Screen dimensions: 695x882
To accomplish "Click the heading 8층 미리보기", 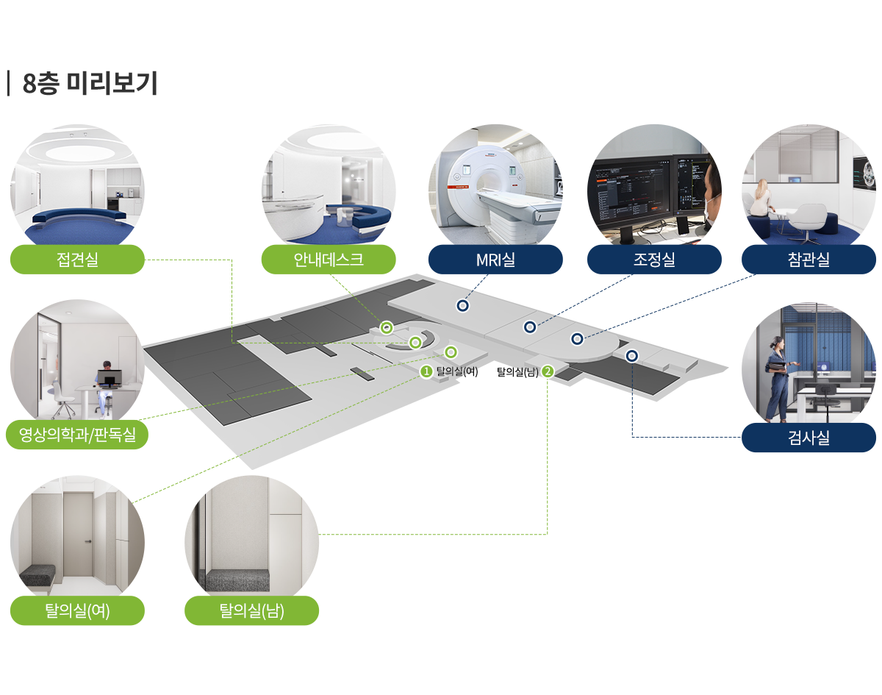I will click(90, 83).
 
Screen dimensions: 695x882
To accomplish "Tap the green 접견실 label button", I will click(77, 259).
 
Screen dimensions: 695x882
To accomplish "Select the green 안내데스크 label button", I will click(329, 259).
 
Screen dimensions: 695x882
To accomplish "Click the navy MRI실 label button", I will click(495, 259).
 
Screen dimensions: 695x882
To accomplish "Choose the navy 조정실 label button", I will click(654, 259).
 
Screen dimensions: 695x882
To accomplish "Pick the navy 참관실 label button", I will click(808, 259).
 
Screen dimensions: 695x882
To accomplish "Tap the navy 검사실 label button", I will click(808, 438).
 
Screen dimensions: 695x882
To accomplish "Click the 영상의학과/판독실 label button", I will click(77, 435).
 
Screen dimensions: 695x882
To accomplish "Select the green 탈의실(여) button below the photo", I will click(77, 610).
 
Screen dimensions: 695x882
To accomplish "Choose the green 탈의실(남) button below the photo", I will click(251, 610).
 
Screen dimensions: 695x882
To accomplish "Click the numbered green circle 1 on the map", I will click(426, 372).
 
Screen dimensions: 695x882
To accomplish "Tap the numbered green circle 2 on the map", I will click(548, 372).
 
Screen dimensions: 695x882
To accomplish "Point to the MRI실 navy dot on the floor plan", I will click(462, 305).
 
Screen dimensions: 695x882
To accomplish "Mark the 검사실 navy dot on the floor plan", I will click(632, 356).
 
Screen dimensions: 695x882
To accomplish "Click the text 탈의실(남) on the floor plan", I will click(518, 372).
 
